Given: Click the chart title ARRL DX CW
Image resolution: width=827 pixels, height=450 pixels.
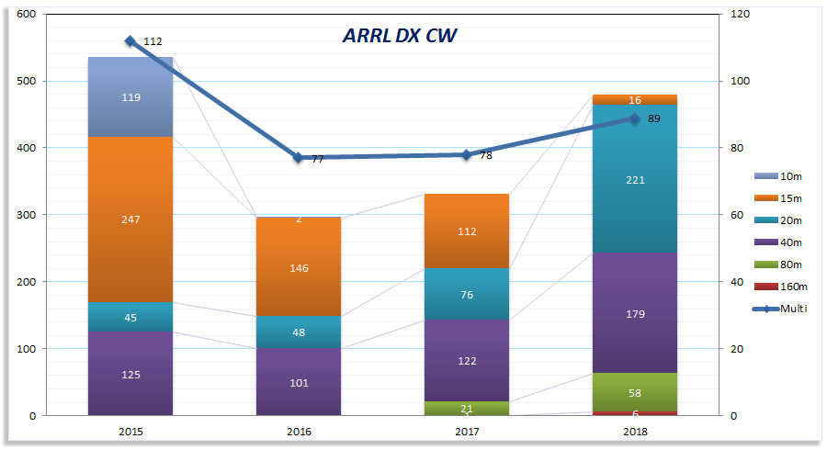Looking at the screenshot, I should (x=400, y=36).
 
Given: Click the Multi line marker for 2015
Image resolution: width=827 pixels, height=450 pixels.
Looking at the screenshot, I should (x=130, y=41).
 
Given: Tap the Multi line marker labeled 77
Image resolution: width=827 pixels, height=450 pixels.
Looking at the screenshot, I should (x=299, y=158).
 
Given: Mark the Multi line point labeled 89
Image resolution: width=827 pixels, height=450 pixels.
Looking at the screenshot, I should (x=634, y=118).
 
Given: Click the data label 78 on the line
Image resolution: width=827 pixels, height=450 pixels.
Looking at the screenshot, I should (x=485, y=155).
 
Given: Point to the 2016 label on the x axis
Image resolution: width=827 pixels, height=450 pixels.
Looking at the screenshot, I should (x=299, y=430).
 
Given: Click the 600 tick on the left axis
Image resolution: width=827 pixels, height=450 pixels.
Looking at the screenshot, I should (x=27, y=15).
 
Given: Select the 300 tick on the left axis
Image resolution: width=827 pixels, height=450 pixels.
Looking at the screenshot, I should (x=27, y=215).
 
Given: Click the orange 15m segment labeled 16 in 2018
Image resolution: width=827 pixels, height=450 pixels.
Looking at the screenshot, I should (x=634, y=99).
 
